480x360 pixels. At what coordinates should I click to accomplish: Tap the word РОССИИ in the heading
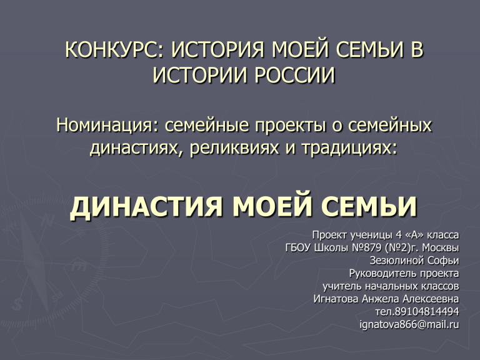[x=295, y=75]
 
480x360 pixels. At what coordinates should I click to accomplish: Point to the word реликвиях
[x=234, y=148]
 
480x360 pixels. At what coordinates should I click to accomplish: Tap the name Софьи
[x=443, y=261]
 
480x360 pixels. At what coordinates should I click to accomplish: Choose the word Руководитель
[x=383, y=273]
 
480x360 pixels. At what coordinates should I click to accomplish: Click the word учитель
[x=342, y=286]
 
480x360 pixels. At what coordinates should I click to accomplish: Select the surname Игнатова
[x=336, y=299]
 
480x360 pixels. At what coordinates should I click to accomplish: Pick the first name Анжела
[x=381, y=299]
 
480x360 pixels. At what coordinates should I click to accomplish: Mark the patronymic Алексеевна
[x=431, y=299]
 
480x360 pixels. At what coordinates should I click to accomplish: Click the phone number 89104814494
[x=427, y=312]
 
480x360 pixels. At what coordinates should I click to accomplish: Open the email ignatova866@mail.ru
[x=409, y=324]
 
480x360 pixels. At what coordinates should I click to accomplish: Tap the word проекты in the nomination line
[x=290, y=126]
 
